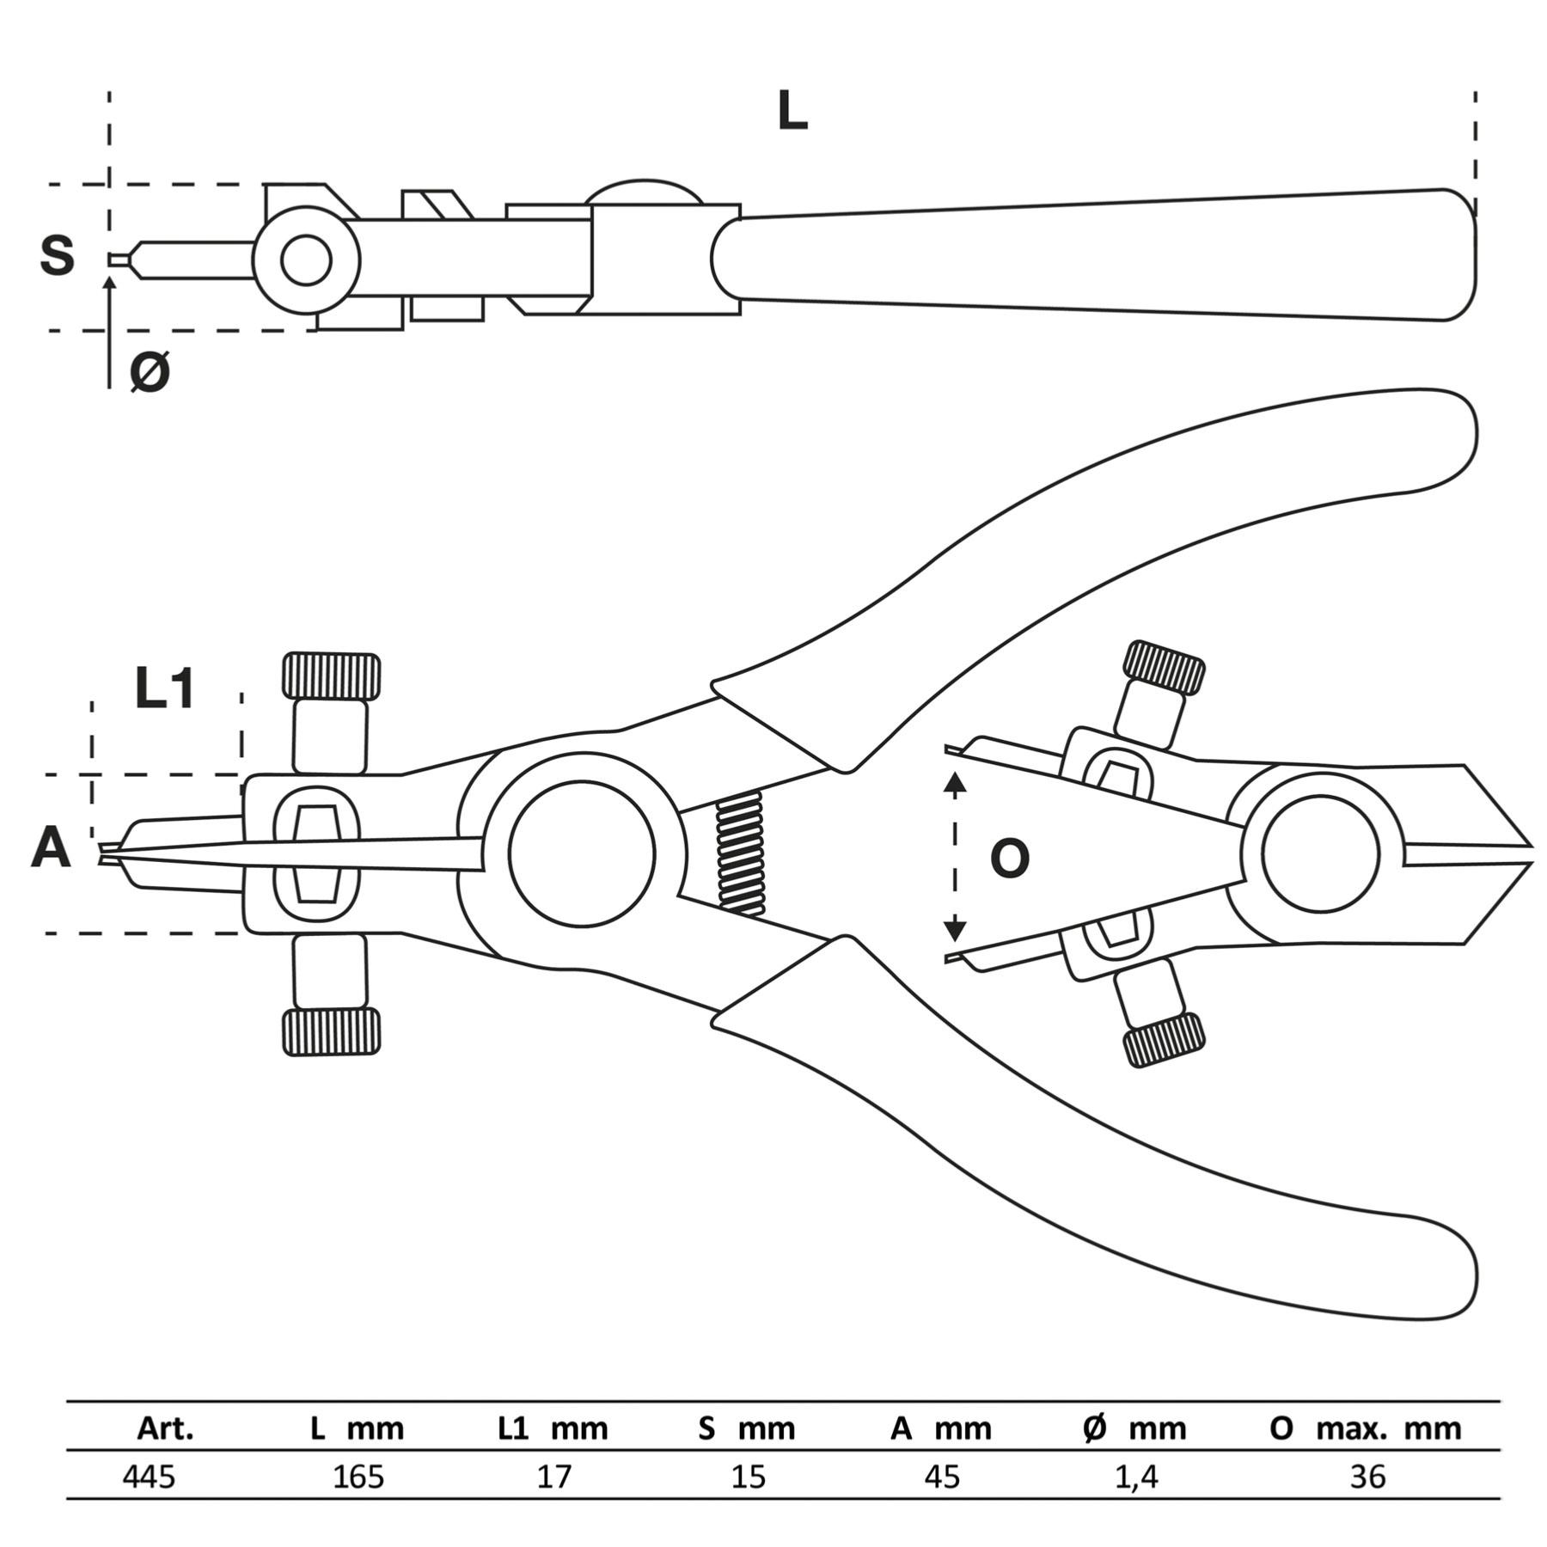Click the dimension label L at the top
(792, 112)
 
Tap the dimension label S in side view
(58, 255)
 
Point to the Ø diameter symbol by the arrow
(150, 371)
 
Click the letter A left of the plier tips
(51, 848)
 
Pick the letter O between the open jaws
(1009, 858)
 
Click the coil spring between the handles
(741, 853)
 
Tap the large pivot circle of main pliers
(582, 853)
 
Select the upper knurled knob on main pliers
(331, 676)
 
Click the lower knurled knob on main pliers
(331, 1031)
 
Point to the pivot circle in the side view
(306, 260)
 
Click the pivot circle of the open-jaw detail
(1321, 853)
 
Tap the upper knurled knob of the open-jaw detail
(1164, 668)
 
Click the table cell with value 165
(358, 1477)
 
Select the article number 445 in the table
(149, 1477)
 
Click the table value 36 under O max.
(1367, 1477)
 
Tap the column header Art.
(165, 1428)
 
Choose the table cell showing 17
(553, 1477)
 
